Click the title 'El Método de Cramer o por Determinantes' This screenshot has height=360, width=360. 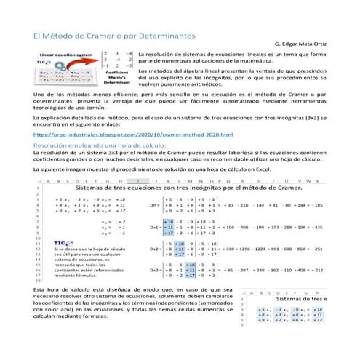(114, 35)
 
